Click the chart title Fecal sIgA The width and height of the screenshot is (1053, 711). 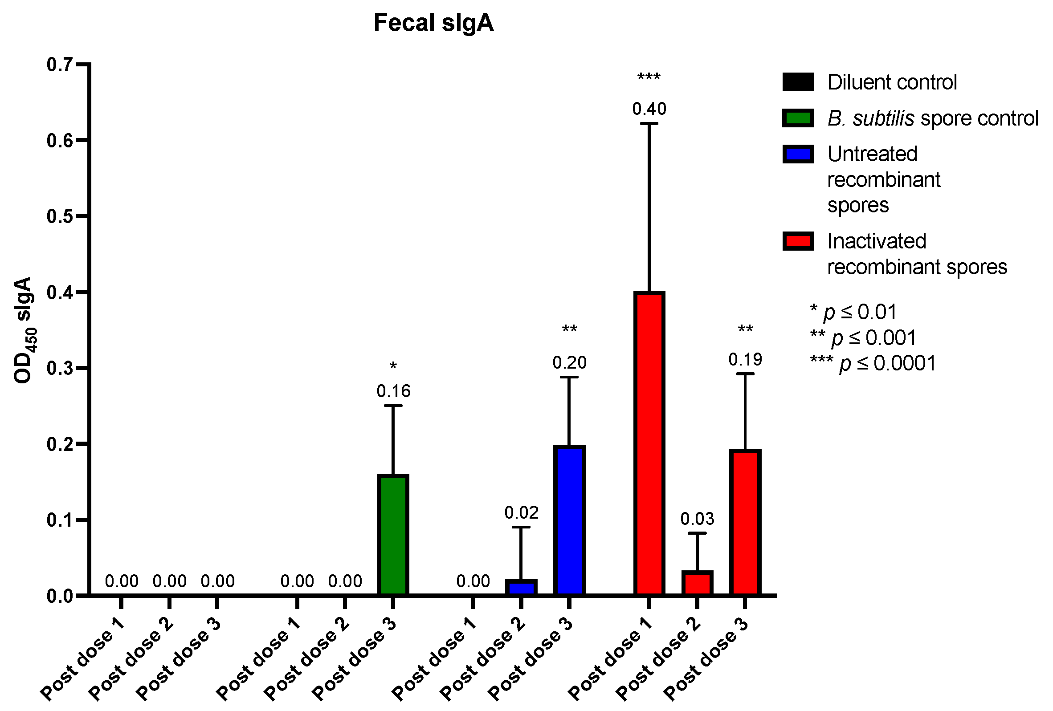pyautogui.click(x=433, y=23)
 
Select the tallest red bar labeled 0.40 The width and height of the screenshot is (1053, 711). pyautogui.click(x=649, y=444)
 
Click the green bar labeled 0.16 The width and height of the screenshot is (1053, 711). pyautogui.click(x=393, y=535)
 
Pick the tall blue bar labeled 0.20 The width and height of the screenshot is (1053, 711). pyautogui.click(x=569, y=521)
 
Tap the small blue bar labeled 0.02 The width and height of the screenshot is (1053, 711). pyautogui.click(x=521, y=588)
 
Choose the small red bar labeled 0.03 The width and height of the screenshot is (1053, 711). pyautogui.click(x=697, y=584)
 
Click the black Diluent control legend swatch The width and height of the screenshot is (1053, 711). pyautogui.click(x=798, y=82)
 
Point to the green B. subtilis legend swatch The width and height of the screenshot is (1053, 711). pyautogui.click(x=798, y=118)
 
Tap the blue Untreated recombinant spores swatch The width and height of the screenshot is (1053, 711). pyautogui.click(x=798, y=154)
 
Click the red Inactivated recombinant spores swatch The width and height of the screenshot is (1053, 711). pyautogui.click(x=798, y=241)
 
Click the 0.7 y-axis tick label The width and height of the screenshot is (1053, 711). pyautogui.click(x=59, y=65)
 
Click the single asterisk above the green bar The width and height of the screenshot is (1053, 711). pyautogui.click(x=393, y=366)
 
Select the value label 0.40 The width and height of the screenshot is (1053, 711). pyautogui.click(x=649, y=109)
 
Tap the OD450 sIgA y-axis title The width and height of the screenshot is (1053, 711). pyautogui.click(x=24, y=331)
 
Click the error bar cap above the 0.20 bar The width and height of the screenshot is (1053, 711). pyautogui.click(x=569, y=377)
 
